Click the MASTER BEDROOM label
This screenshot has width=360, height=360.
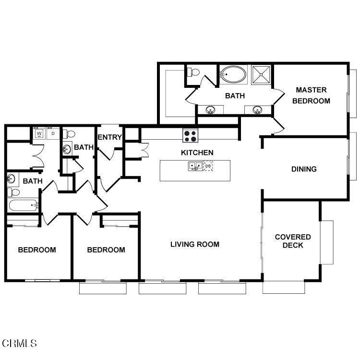pyautogui.click(x=311, y=96)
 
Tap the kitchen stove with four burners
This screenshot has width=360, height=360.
pyautogui.click(x=191, y=136)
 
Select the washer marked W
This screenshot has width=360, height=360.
pyautogui.click(x=39, y=133)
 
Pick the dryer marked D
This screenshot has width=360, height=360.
pyautogui.click(x=53, y=133)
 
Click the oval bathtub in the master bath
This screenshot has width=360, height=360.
pyautogui.click(x=233, y=74)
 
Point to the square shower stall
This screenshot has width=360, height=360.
pyautogui.click(x=261, y=74)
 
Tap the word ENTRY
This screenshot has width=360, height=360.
pyautogui.click(x=110, y=137)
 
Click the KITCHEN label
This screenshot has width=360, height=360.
pyautogui.click(x=197, y=153)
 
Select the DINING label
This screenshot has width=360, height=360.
pyautogui.click(x=304, y=169)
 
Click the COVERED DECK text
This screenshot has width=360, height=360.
pyautogui.click(x=293, y=241)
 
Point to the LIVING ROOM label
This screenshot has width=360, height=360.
pyautogui.click(x=195, y=244)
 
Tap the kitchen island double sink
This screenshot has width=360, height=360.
pyautogui.click(x=195, y=166)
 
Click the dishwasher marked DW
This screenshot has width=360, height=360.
pyautogui.click(x=208, y=166)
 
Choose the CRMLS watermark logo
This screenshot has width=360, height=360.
pyautogui.click(x=19, y=344)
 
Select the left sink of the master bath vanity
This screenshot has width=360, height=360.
pyautogui.click(x=210, y=110)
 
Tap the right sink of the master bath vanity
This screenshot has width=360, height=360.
pyautogui.click(x=257, y=110)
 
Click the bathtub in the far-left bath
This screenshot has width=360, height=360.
pyautogui.click(x=23, y=205)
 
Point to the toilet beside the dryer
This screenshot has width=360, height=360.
pyautogui.click(x=69, y=133)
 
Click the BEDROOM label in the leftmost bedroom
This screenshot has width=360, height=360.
pyautogui.click(x=37, y=250)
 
